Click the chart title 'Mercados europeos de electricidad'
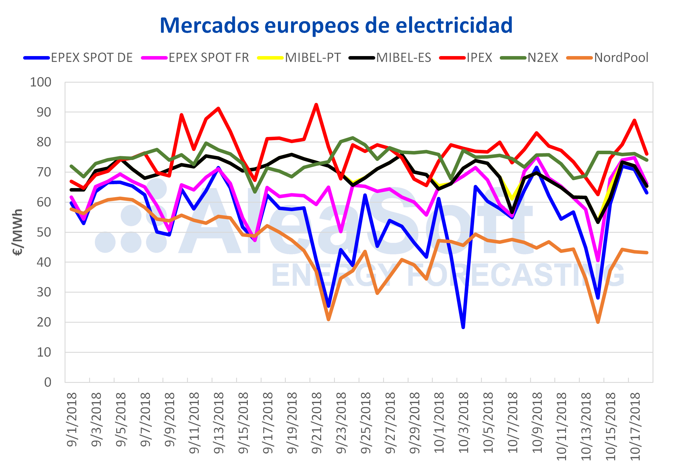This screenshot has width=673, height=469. pos(336,26)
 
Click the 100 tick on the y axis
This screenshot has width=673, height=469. pos(41,82)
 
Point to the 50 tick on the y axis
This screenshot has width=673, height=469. pos(44,232)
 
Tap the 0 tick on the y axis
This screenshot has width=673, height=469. pos(47,382)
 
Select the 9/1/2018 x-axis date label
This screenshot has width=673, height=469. pos(72,419)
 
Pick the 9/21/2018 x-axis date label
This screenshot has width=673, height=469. pos(316,423)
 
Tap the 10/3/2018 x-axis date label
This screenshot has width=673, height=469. pos(463,423)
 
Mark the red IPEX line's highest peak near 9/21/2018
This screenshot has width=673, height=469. pos(316,105)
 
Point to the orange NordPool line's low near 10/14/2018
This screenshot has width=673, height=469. pos(598,322)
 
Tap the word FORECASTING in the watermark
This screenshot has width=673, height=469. pos(516,275)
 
